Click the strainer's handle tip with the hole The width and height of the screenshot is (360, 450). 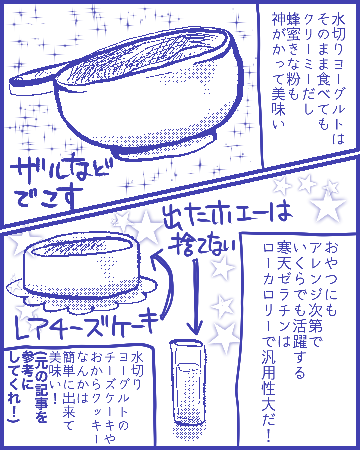click(18, 79)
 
